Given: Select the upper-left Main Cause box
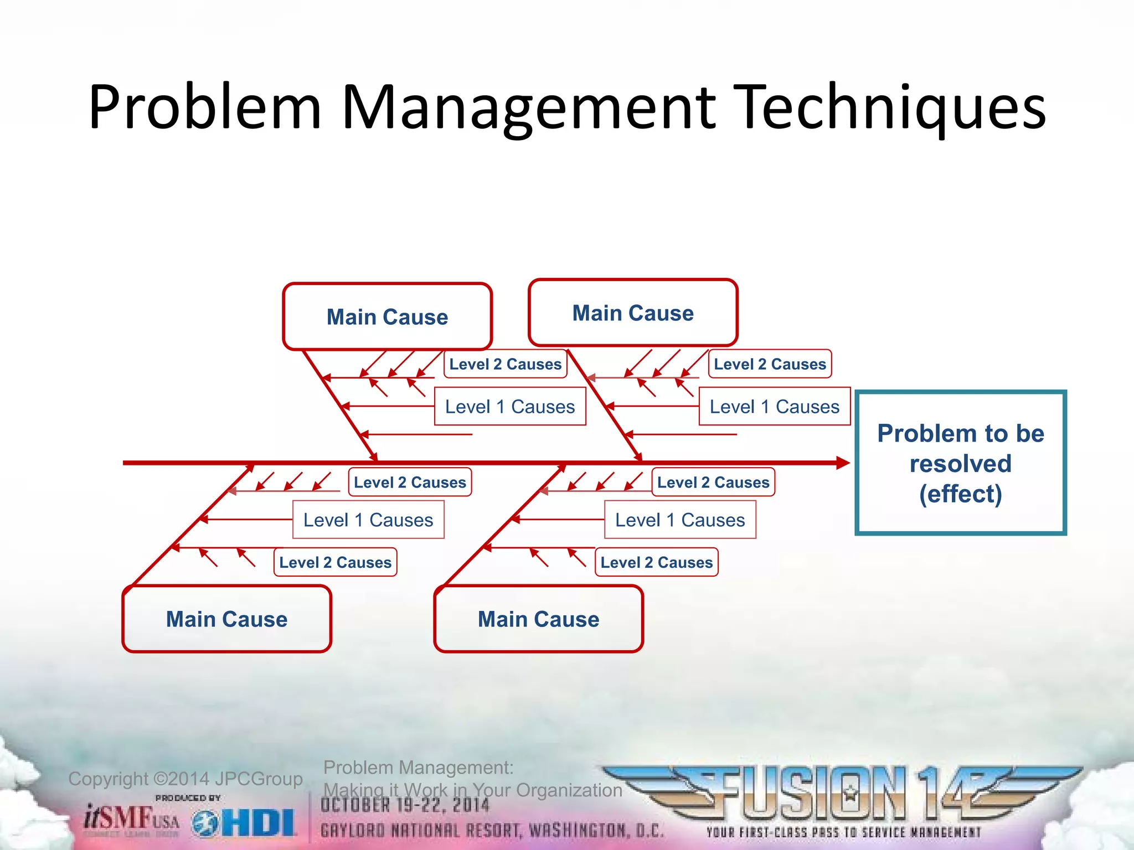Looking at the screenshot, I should click(387, 317).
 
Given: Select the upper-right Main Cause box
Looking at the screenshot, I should click(633, 313).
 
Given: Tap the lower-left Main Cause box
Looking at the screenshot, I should click(226, 619).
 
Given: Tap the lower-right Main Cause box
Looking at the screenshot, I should click(538, 619).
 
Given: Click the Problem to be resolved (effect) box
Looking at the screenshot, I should click(961, 463).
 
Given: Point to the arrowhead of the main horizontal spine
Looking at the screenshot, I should click(843, 463).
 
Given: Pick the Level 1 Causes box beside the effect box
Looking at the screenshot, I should click(774, 406).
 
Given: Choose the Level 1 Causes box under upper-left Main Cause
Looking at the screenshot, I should click(510, 406).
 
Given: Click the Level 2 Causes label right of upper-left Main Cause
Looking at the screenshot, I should click(505, 364).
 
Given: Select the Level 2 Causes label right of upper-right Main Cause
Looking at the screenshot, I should click(770, 364).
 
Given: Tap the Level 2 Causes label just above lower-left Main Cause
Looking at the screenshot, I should click(335, 562).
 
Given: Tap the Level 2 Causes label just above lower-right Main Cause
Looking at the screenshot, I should click(656, 562).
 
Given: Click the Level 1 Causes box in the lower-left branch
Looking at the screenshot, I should click(368, 520).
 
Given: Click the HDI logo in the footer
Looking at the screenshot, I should click(245, 823).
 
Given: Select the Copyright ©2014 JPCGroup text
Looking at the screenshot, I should click(185, 779).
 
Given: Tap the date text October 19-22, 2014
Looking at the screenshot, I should click(405, 805).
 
